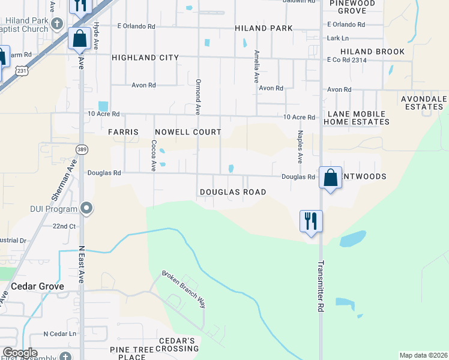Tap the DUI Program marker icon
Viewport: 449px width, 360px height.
[87, 209]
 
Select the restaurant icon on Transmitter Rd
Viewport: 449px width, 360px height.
[311, 221]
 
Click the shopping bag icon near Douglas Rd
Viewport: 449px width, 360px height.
[330, 178]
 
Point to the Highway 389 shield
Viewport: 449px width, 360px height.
[82, 148]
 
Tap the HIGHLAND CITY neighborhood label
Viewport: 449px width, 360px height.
[145, 58]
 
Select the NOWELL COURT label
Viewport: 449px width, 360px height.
[188, 132]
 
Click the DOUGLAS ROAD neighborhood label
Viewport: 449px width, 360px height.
[232, 192]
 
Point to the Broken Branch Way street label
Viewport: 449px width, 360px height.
[184, 289]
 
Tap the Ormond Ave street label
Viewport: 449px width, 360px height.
[197, 96]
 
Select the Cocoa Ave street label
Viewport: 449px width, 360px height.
[154, 155]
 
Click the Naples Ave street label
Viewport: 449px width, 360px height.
[299, 148]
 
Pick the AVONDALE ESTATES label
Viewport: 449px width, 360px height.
[424, 103]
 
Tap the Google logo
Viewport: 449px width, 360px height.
[20, 353]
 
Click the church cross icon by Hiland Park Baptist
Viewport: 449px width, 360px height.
[57, 24]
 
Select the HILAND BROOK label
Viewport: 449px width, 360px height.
[372, 52]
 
